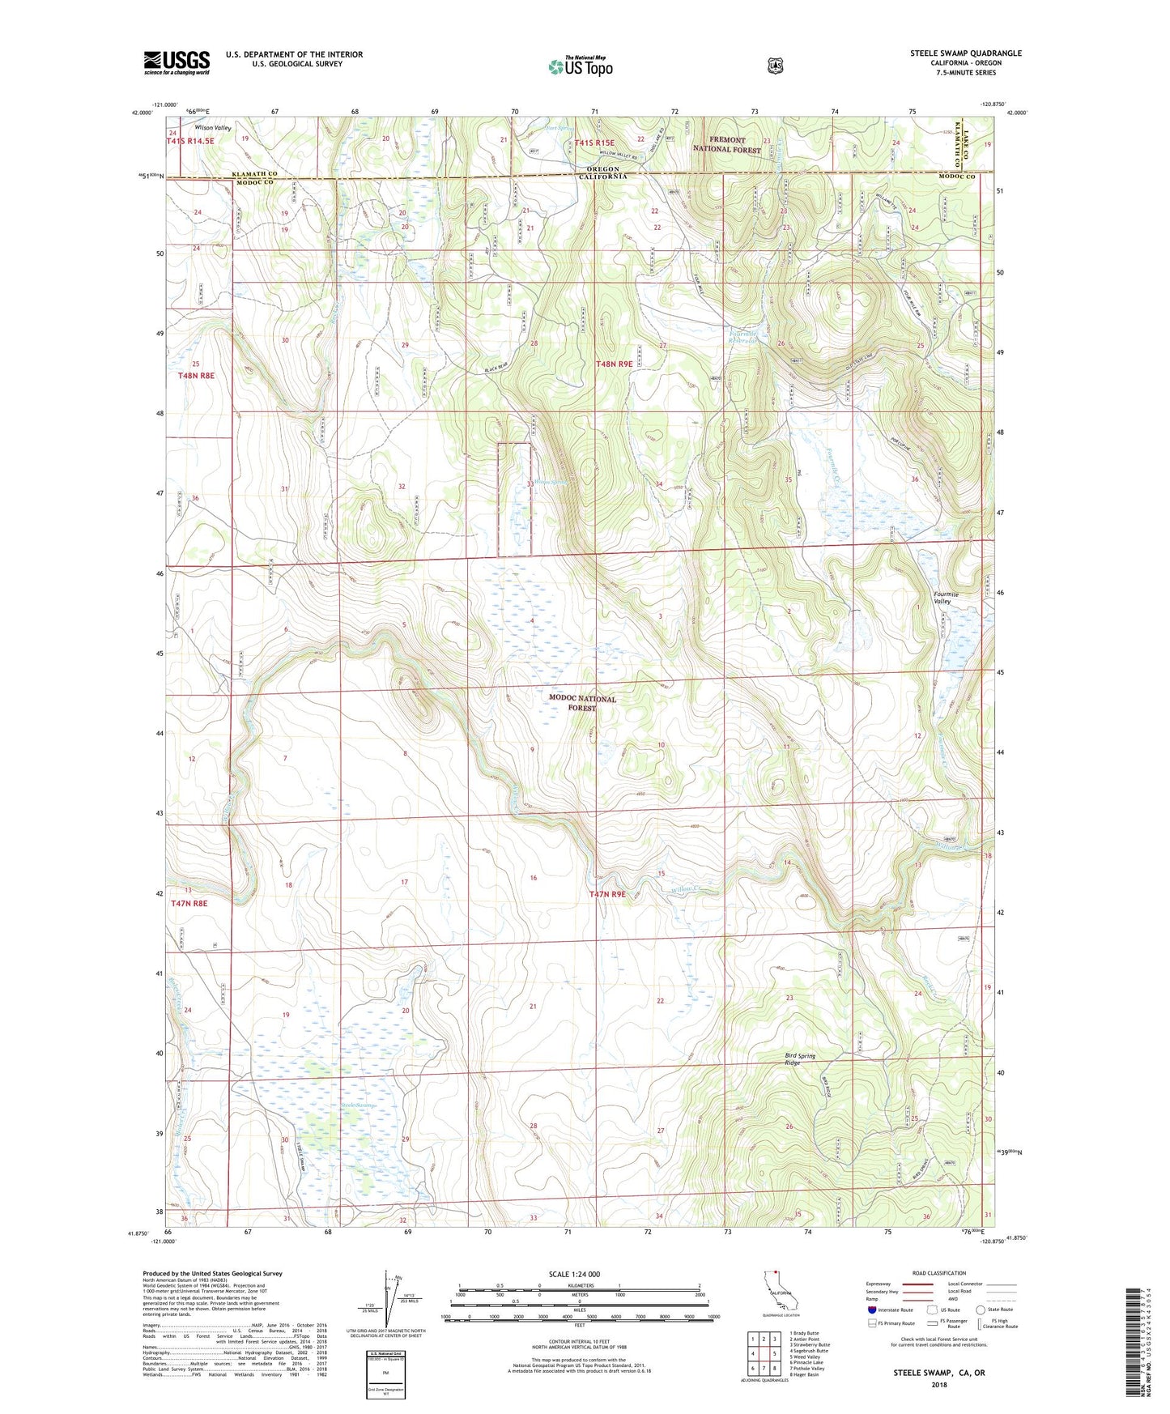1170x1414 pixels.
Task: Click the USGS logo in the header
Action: [177, 62]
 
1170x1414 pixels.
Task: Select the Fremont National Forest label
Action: [726, 144]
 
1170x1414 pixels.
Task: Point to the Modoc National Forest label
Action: [582, 703]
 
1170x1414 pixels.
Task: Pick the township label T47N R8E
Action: [189, 902]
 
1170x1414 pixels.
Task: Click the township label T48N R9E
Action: [614, 364]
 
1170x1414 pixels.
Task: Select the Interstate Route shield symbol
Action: [871, 1309]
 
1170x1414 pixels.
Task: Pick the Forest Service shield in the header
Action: [775, 66]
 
